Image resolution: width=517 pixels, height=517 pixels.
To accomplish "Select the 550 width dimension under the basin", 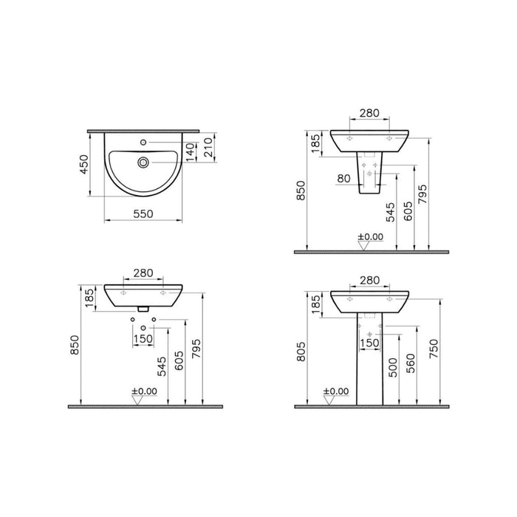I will click(x=143, y=213).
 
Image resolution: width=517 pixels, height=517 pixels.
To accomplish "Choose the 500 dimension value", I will click(x=394, y=368).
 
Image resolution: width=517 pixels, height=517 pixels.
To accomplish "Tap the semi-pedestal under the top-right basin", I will click(x=369, y=175).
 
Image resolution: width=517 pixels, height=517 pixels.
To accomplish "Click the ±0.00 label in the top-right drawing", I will click(x=371, y=236).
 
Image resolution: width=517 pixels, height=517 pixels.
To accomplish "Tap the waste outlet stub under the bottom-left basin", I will click(x=143, y=308).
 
